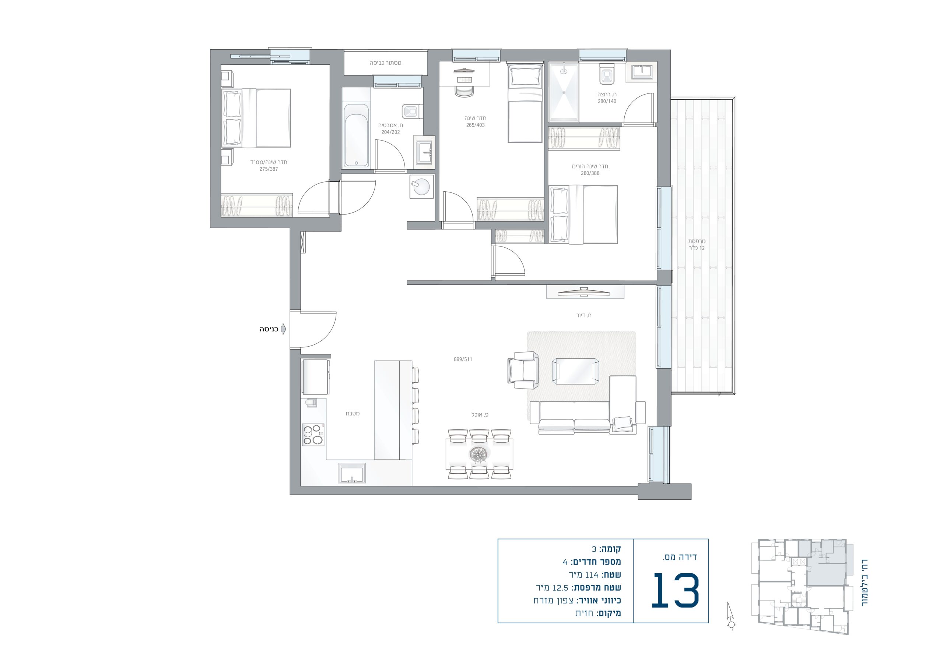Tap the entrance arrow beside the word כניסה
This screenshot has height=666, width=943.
pyautogui.click(x=283, y=329)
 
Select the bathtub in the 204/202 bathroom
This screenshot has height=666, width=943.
pyautogui.click(x=356, y=135)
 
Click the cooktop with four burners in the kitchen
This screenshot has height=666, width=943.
pyautogui.click(x=313, y=435)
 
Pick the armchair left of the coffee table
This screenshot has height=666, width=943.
pyautogui.click(x=523, y=370)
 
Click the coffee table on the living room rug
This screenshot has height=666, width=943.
pyautogui.click(x=575, y=371)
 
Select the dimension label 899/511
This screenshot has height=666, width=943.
pyautogui.click(x=463, y=359)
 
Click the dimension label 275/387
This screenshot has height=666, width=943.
pyautogui.click(x=269, y=169)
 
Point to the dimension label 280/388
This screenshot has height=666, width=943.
pyautogui.click(x=590, y=173)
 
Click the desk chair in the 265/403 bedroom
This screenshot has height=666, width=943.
pyautogui.click(x=465, y=91)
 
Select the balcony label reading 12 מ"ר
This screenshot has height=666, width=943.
pyautogui.click(x=697, y=248)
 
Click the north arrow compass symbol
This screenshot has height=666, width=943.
pyautogui.click(x=731, y=616)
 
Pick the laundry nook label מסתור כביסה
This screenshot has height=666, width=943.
pyautogui.click(x=386, y=63)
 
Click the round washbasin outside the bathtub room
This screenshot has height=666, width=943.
pyautogui.click(x=421, y=187)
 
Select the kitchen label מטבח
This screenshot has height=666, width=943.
pyautogui.click(x=353, y=413)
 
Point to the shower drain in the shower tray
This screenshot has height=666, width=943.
pyautogui.click(x=564, y=92)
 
